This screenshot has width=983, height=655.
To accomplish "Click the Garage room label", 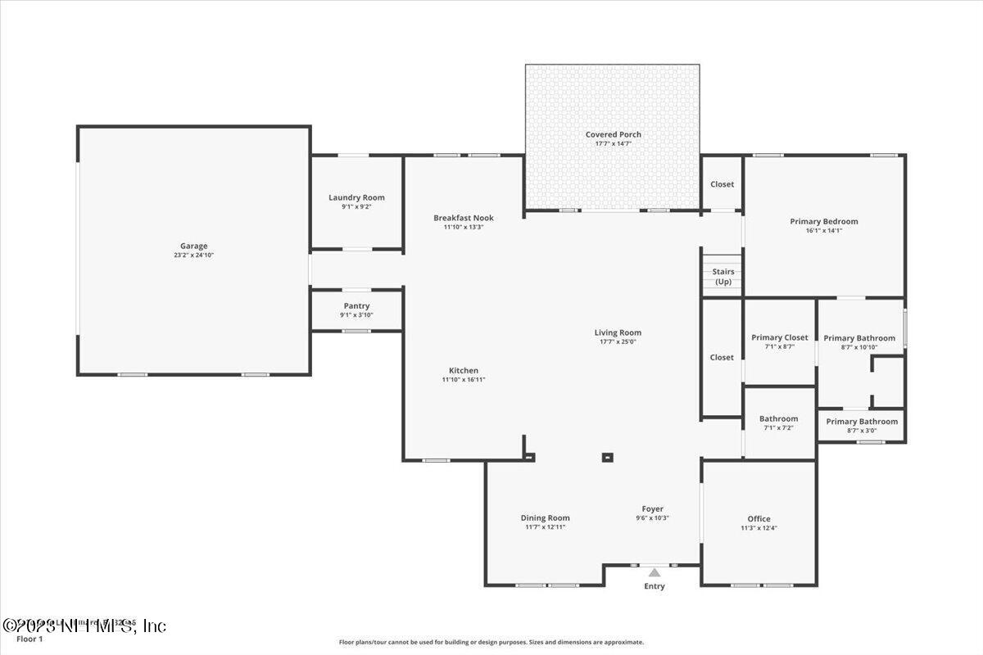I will (x=194, y=246).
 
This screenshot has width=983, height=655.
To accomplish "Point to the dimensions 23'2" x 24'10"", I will (x=194, y=255).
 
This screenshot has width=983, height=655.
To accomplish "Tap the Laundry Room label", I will (x=356, y=197).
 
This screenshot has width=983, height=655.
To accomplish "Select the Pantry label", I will (x=356, y=305).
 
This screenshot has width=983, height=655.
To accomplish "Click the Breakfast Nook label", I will (x=464, y=217).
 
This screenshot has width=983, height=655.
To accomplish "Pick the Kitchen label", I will (x=464, y=370).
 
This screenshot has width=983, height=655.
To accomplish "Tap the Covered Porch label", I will (x=613, y=134).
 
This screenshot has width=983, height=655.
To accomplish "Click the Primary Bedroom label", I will (x=823, y=221).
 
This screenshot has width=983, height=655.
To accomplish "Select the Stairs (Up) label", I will (x=723, y=276).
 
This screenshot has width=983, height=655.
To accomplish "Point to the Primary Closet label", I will (x=779, y=337).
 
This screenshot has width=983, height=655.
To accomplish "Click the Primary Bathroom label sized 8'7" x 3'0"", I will (x=862, y=422).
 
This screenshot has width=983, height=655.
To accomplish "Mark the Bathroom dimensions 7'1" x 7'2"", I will (x=778, y=427).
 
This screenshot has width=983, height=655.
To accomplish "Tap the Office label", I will (x=759, y=518).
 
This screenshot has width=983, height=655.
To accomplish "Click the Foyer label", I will (x=652, y=508).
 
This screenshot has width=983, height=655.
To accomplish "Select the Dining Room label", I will (x=545, y=517).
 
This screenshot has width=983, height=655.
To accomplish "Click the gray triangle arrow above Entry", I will (x=655, y=573).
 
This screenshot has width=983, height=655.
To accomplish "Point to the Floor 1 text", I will (x=29, y=639).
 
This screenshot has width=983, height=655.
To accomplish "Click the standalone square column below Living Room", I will (x=607, y=458).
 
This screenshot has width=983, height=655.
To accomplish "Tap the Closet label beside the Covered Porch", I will (x=722, y=184).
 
